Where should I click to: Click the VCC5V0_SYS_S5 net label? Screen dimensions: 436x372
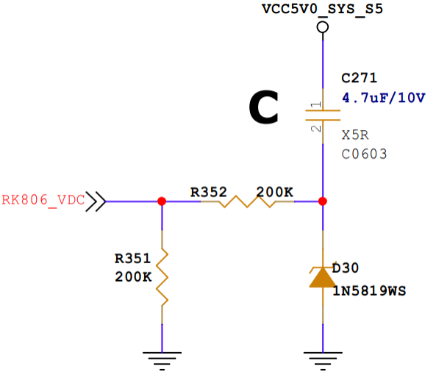pyautogui.click(x=322, y=9)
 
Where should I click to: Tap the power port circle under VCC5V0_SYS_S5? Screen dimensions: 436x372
pyautogui.click(x=323, y=27)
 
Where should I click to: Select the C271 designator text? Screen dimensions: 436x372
pyautogui.click(x=359, y=78)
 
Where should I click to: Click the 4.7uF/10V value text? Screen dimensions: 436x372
pyautogui.click(x=384, y=98)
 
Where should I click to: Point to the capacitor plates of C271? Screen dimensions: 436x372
pyautogui.click(x=323, y=115)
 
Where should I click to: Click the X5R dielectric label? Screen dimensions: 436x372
pyautogui.click(x=355, y=135)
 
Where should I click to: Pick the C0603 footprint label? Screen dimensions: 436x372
pyautogui.click(x=364, y=154)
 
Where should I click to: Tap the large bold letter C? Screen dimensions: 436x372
pyautogui.click(x=263, y=107)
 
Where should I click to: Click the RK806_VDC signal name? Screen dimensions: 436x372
pyautogui.click(x=43, y=200)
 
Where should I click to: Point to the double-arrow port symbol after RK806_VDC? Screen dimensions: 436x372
pyautogui.click(x=96, y=201)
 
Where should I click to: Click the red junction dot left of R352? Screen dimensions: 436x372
pyautogui.click(x=162, y=201)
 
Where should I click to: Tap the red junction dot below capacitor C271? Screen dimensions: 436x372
pyautogui.click(x=323, y=201)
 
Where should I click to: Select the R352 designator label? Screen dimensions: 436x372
pyautogui.click(x=209, y=192)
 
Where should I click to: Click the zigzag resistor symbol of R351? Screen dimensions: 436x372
pyautogui.click(x=162, y=277)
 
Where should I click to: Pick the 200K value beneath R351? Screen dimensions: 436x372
pyautogui.click(x=133, y=277)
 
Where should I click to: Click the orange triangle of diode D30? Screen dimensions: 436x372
pyautogui.click(x=323, y=277)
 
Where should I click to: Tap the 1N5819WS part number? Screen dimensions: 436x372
pyautogui.click(x=369, y=291)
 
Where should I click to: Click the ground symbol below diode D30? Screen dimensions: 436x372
pyautogui.click(x=323, y=361)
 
